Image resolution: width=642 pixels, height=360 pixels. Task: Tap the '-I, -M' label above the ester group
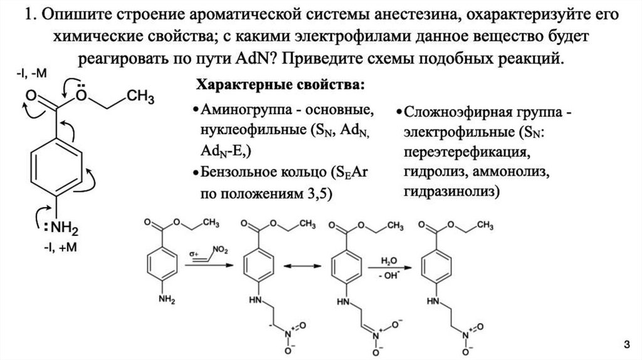tap(31, 75)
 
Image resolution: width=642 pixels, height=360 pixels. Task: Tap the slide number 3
tap(624, 344)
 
